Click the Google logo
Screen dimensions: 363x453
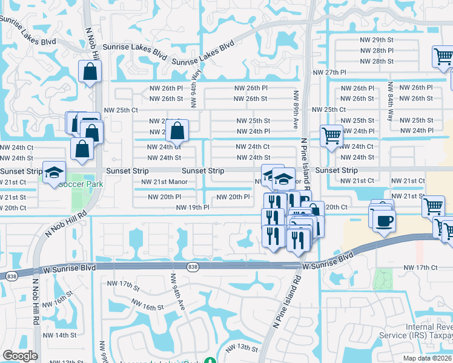coord(21,356)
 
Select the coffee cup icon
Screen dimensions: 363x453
coord(382,220)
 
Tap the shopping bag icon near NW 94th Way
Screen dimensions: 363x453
coord(177,131)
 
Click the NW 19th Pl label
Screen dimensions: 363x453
coord(193,208)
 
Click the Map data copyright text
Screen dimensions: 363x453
coord(426,358)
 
